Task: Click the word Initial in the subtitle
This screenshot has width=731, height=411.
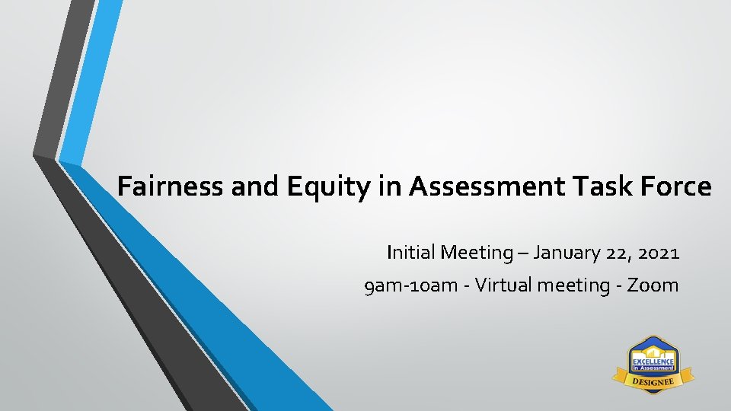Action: [x=410, y=252]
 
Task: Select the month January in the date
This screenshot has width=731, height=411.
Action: [x=567, y=252]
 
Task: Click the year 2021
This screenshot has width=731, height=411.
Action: [x=658, y=252]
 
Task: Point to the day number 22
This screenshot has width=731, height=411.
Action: [x=616, y=252]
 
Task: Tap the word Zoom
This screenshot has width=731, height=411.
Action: [x=653, y=285]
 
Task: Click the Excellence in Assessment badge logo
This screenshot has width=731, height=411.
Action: [x=653, y=363]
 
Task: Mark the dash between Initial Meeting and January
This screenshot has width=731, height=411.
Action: [x=523, y=253]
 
